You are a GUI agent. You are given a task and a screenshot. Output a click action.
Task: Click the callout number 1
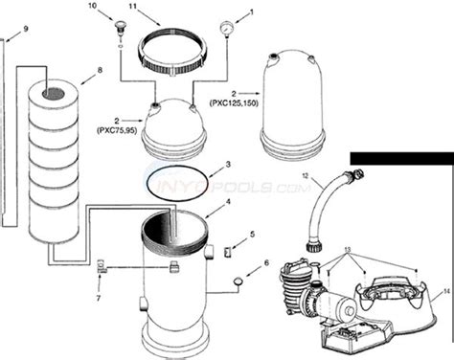click(x=252, y=13)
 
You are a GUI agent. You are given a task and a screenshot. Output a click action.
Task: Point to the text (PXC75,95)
click(x=125, y=126)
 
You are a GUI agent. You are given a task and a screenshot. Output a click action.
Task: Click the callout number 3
click(x=227, y=166)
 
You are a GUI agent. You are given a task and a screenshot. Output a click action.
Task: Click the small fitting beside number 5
click(x=226, y=252)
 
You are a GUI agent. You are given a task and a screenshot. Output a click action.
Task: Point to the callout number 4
click(x=227, y=202)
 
